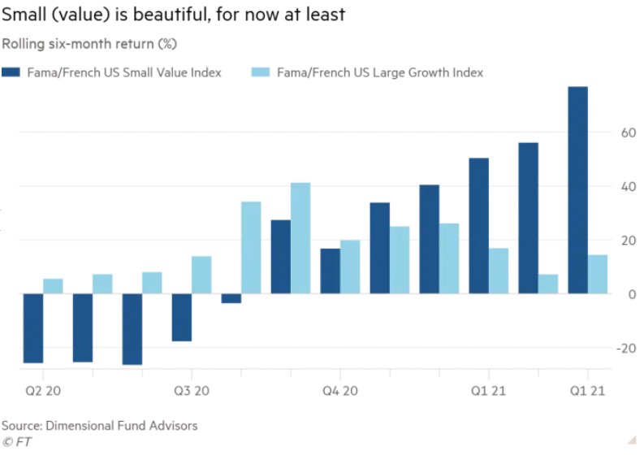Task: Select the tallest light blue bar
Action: click(x=300, y=238)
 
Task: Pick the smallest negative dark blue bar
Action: click(x=231, y=298)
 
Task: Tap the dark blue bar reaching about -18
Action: click(x=182, y=317)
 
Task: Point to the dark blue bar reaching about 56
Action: click(x=528, y=218)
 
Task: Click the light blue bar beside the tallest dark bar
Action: click(x=598, y=274)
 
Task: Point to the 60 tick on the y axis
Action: click(x=624, y=132)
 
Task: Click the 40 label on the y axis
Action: click(x=624, y=186)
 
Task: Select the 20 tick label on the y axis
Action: click(x=624, y=240)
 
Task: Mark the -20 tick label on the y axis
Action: click(x=622, y=348)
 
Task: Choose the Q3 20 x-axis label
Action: click(x=192, y=391)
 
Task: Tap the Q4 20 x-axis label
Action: click(x=341, y=391)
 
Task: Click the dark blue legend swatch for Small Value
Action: click(x=11, y=72)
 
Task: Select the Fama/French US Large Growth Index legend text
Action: click(x=379, y=72)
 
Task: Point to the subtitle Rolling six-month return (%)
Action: click(x=90, y=42)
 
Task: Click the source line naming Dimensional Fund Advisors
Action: click(x=99, y=425)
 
